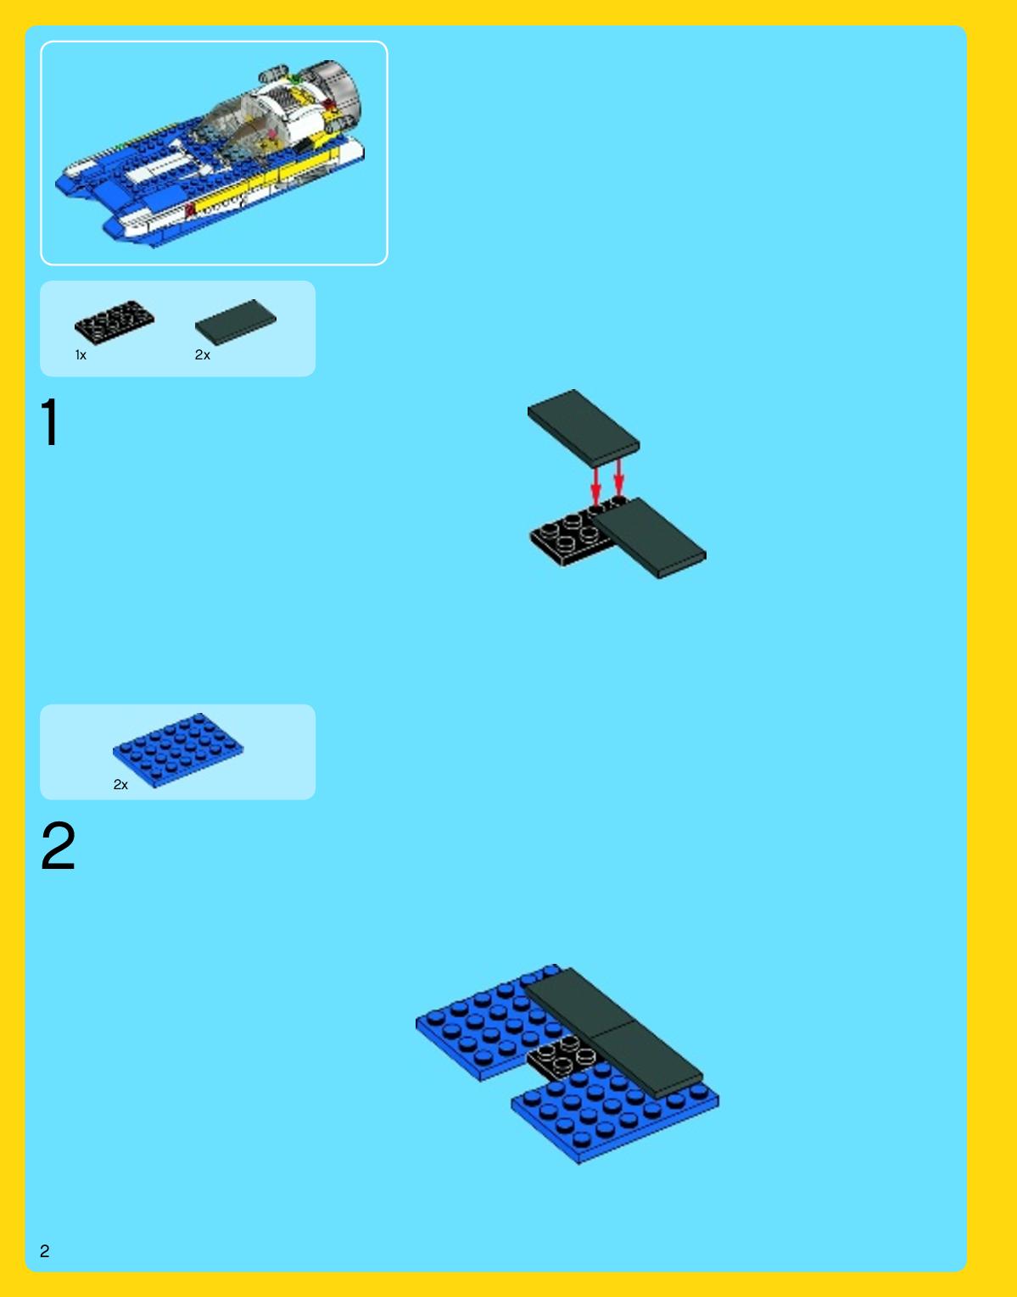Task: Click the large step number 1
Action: [50, 421]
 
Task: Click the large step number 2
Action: [58, 846]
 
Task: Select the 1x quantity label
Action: [81, 355]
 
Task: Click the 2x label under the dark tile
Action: [203, 355]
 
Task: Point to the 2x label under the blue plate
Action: [120, 785]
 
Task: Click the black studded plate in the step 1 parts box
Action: [114, 322]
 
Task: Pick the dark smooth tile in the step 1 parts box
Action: [235, 322]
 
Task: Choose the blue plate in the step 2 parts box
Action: [178, 750]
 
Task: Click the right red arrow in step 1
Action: [618, 476]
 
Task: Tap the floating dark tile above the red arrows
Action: [584, 428]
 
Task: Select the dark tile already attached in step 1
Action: [649, 537]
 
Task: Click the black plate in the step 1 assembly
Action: [567, 533]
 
